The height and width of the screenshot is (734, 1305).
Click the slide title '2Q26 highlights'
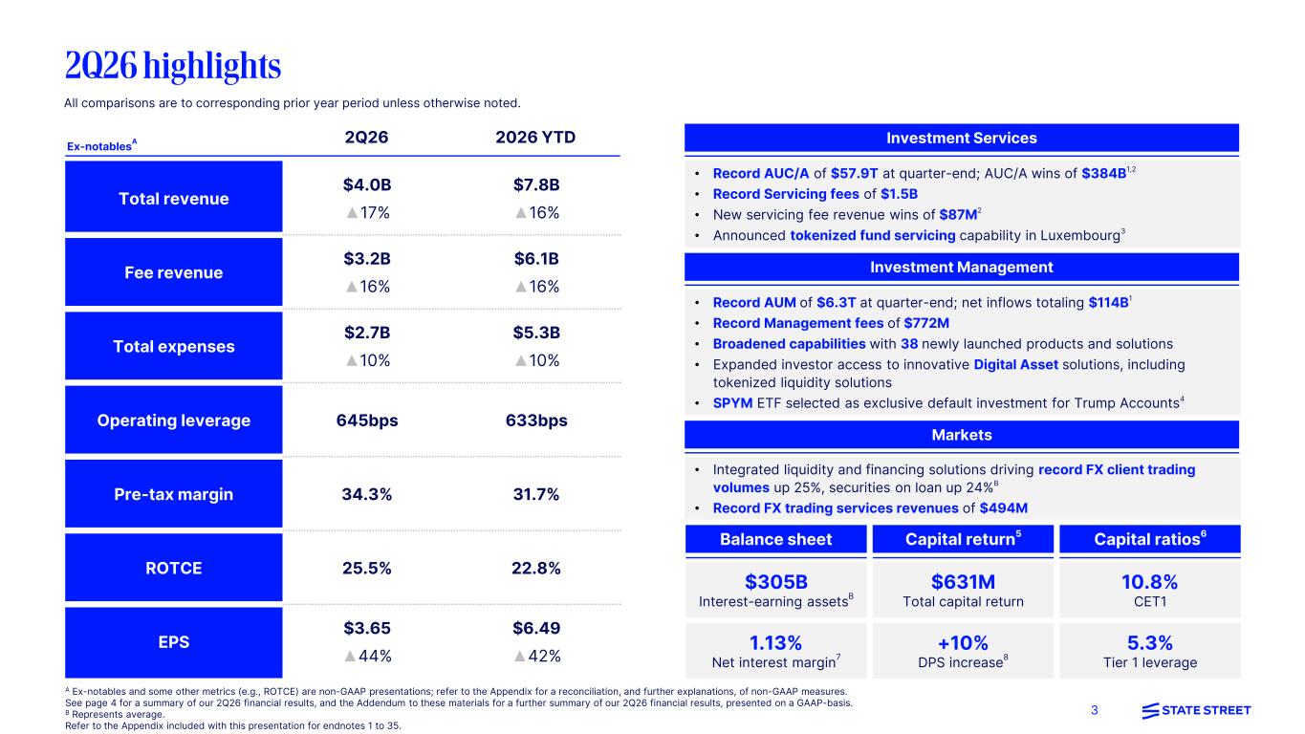(x=173, y=66)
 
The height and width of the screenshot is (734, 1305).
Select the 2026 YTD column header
(x=535, y=138)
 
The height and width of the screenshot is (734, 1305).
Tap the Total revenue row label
(x=174, y=199)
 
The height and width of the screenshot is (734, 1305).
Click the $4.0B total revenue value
(x=367, y=184)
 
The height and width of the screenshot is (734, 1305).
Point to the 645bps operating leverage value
(x=367, y=421)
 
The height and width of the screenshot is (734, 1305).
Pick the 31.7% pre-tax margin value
(x=536, y=494)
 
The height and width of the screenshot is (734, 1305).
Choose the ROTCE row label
(x=174, y=568)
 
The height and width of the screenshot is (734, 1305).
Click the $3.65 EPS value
(x=367, y=628)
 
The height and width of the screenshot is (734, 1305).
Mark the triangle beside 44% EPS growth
(x=350, y=657)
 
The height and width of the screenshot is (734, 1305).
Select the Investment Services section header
(x=962, y=138)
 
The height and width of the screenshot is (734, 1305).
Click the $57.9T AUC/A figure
(x=854, y=174)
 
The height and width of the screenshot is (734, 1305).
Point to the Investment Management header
(x=962, y=268)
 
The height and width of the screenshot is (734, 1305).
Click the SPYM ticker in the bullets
(x=732, y=403)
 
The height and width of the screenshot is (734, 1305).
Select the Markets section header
(x=962, y=435)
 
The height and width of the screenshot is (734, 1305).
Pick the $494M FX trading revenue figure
(x=1003, y=508)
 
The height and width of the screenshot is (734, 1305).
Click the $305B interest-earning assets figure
(x=776, y=582)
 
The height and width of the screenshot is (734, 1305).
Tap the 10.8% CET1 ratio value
(x=1149, y=582)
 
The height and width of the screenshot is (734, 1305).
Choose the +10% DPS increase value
(x=963, y=643)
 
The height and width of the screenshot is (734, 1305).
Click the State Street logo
(x=1196, y=710)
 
